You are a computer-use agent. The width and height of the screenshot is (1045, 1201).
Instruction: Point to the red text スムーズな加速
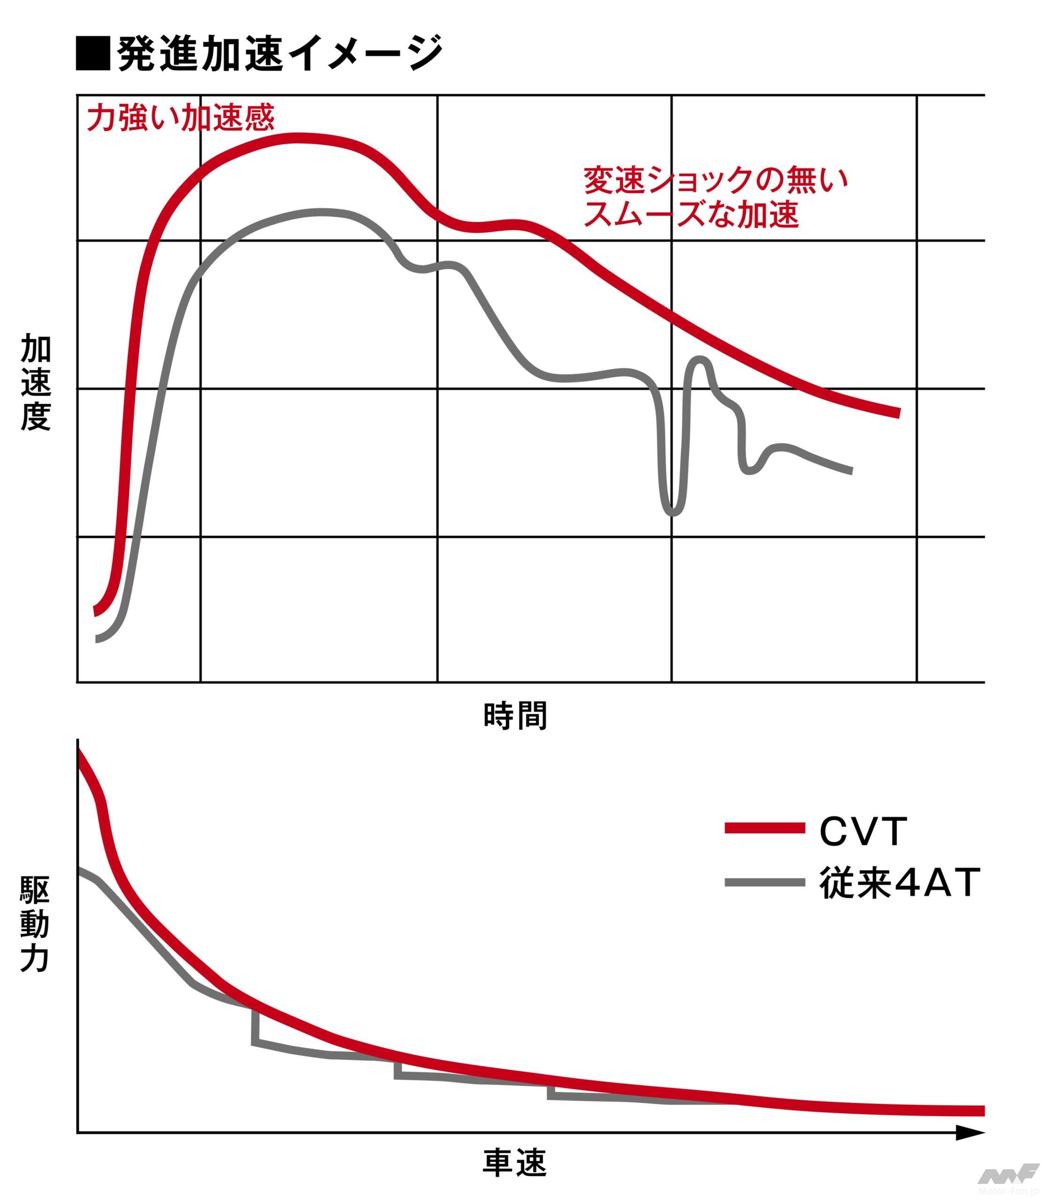pyautogui.click(x=691, y=214)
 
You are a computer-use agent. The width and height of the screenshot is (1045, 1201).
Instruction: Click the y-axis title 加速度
pyautogui.click(x=36, y=382)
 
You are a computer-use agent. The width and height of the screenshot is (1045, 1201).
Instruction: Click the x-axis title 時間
pyautogui.click(x=515, y=716)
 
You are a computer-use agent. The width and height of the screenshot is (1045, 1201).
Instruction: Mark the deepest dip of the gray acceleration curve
pyautogui.click(x=672, y=513)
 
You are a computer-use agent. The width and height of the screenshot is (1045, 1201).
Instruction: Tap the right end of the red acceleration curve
pyautogui.click(x=898, y=413)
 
